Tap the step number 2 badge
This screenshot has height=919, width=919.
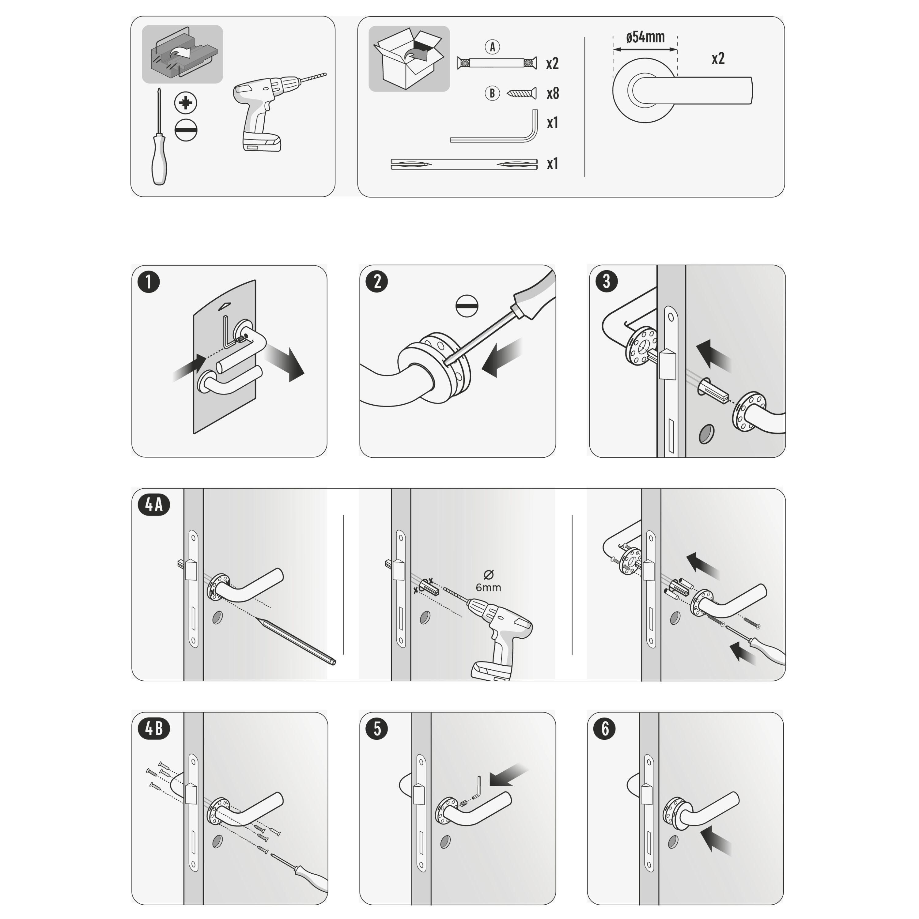[x=377, y=282]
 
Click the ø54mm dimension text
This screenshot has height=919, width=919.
[x=645, y=37]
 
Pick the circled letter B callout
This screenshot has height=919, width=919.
[x=492, y=93]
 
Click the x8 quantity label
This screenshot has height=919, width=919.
[x=552, y=94]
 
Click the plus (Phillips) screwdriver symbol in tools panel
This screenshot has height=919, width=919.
[x=186, y=103]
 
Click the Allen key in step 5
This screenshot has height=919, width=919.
[x=477, y=789]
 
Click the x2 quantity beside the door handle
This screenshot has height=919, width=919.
[x=718, y=59]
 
